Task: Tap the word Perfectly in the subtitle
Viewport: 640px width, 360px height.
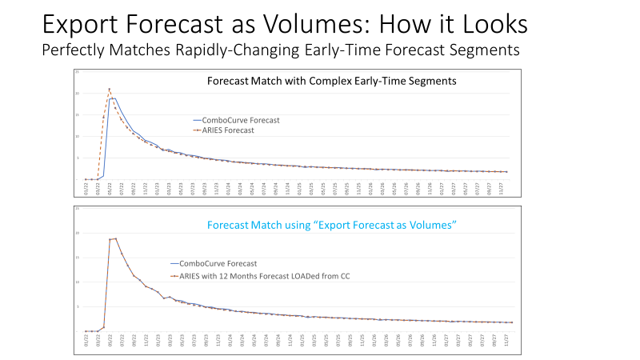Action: tap(76, 50)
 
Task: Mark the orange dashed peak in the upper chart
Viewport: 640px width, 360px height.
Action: tap(109, 89)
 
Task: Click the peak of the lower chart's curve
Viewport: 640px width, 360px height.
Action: tap(115, 238)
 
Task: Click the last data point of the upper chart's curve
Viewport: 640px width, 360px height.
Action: tap(506, 171)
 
